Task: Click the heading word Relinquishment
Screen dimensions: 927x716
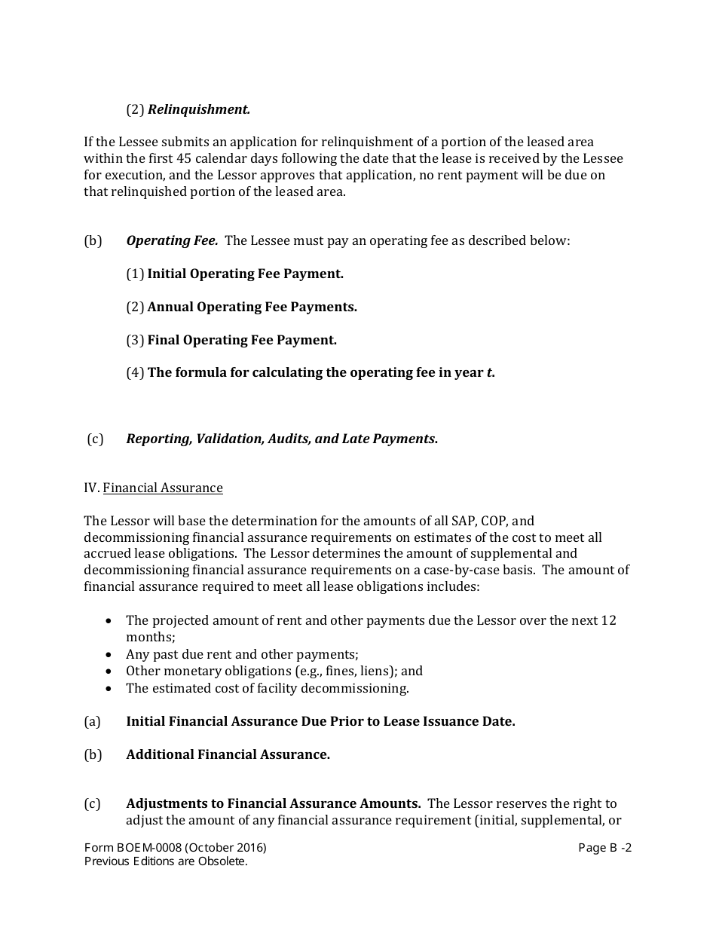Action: (198, 109)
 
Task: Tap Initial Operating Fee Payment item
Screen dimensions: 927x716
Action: (245, 274)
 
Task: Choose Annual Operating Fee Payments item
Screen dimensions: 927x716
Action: (252, 307)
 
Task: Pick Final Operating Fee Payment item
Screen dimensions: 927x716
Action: (242, 341)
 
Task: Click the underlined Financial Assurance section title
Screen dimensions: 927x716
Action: (163, 488)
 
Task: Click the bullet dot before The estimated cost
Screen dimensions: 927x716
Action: (110, 689)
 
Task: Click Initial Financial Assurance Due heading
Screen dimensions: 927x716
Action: (320, 722)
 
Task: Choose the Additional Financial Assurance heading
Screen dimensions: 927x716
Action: (228, 755)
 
